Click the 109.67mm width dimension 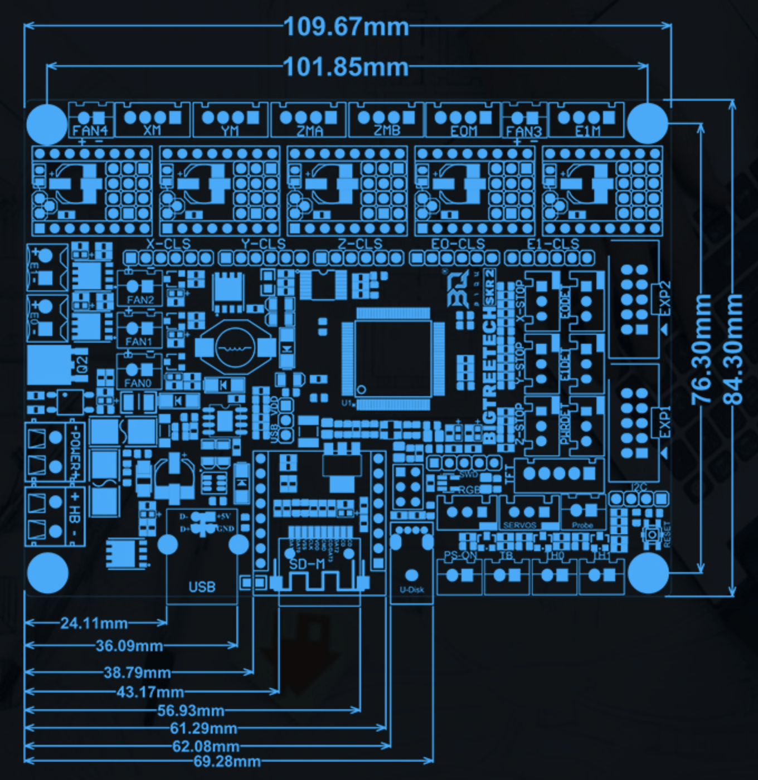[346, 27]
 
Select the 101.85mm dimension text [346, 67]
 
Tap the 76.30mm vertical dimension [701, 349]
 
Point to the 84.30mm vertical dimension [733, 349]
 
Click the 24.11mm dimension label [94, 623]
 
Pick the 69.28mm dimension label [227, 761]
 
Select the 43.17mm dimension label [150, 692]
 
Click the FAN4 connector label [90, 131]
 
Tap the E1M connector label [587, 131]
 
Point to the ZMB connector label [387, 131]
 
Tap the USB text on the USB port [202, 587]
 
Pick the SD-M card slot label [307, 564]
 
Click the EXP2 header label [665, 299]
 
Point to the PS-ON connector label [460, 555]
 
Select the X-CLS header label [168, 244]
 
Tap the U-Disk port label [412, 589]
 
